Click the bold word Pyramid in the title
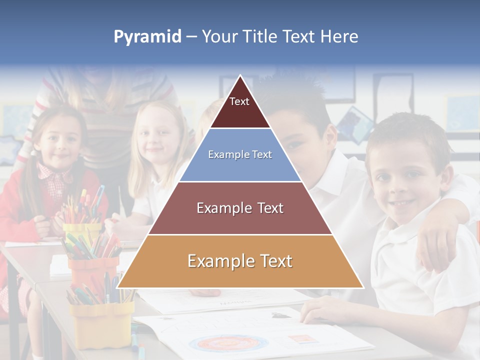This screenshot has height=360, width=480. tap(147, 37)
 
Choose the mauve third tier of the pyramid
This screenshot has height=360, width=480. tap(240, 208)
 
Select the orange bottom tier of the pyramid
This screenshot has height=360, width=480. tap(240, 261)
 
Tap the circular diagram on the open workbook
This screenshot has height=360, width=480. tap(227, 344)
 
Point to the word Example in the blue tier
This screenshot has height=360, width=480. tap(224, 155)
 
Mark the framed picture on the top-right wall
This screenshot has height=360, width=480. tap(460, 113)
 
